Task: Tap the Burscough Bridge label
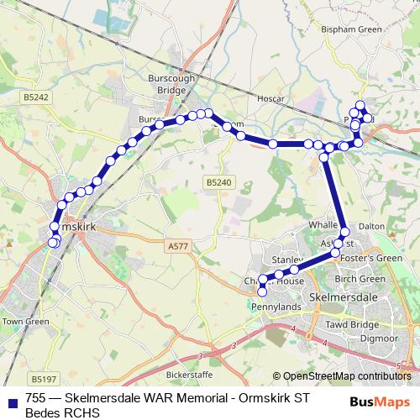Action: click(171, 81)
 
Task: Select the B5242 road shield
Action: click(36, 97)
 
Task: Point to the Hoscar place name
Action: click(272, 99)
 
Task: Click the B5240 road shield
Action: click(217, 182)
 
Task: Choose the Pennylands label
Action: click(275, 307)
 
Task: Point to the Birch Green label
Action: click(360, 279)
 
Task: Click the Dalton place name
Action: click(371, 227)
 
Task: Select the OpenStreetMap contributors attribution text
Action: click(347, 376)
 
